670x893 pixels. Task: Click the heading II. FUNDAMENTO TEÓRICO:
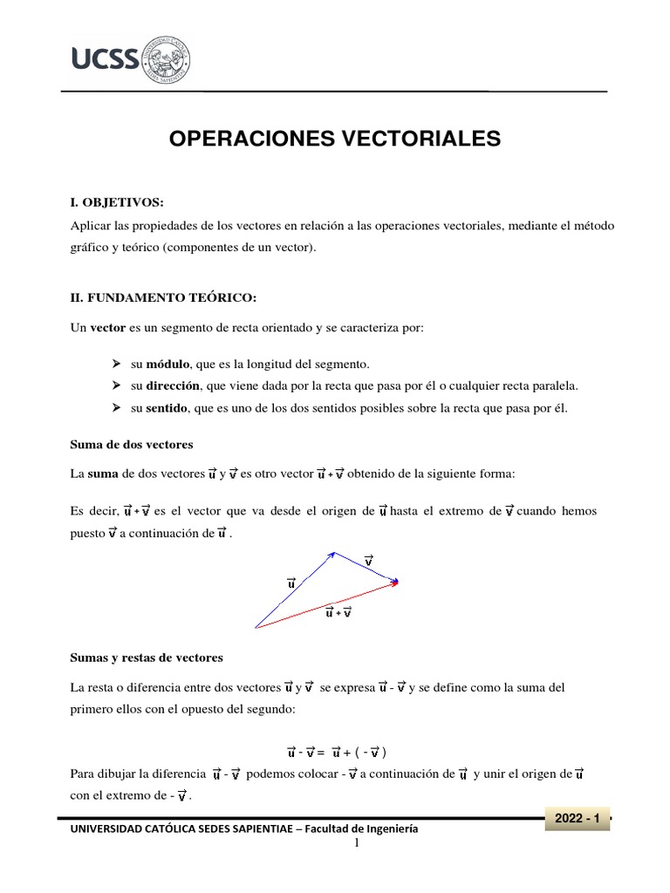[163, 298]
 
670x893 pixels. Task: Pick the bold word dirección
[174, 385]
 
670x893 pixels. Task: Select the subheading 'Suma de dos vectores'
[131, 444]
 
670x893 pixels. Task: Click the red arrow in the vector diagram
[327, 604]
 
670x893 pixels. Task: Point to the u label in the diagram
[291, 583]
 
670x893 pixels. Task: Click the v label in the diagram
[369, 560]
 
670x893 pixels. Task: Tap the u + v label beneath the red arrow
[338, 612]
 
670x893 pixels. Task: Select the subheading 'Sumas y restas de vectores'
[147, 657]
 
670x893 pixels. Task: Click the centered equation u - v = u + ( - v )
[337, 752]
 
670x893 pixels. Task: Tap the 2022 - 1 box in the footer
[576, 819]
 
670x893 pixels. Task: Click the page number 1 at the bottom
[357, 843]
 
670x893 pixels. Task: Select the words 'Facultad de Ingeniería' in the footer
[363, 829]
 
